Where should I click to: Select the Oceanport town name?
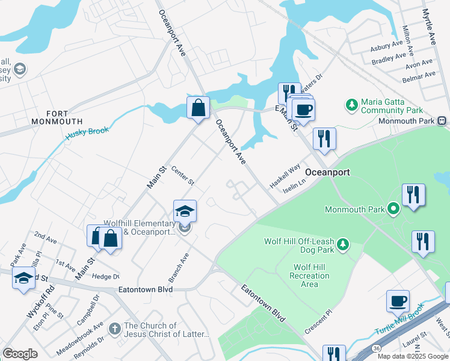click(x=327, y=172)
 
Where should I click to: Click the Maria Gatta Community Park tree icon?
click(x=352, y=105)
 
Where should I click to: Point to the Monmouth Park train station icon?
click(x=442, y=120)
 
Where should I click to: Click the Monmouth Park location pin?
click(x=393, y=209)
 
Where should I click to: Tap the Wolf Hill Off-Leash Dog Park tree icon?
click(x=343, y=244)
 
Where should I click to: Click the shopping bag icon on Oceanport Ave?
click(x=198, y=109)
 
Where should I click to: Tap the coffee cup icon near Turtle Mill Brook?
click(x=398, y=301)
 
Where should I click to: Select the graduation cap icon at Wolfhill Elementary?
click(x=185, y=211)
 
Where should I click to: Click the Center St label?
click(x=183, y=176)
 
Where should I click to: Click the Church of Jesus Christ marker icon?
click(x=116, y=327)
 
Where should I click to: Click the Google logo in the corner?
click(x=20, y=354)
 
